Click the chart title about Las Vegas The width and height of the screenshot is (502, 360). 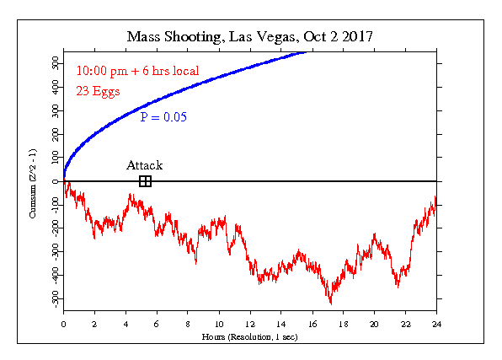[x=249, y=37]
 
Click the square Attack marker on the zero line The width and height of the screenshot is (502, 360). [x=146, y=181]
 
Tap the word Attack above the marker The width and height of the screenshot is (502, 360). [x=144, y=165]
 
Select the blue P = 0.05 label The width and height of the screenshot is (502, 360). [x=163, y=117]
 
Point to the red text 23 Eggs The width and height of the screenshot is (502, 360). [x=98, y=91]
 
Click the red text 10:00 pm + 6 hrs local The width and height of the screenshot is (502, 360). [x=137, y=71]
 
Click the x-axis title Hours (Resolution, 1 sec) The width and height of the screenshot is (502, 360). [x=249, y=337]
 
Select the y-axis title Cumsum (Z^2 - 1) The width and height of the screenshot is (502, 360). [x=33, y=184]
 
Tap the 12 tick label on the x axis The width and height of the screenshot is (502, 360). [x=250, y=324]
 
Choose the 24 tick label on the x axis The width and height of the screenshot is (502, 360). [x=436, y=324]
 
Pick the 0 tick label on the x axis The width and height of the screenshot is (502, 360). [x=63, y=324]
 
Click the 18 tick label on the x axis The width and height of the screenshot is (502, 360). [x=343, y=324]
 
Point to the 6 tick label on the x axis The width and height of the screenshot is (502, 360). [x=157, y=324]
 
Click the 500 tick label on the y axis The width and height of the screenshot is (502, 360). [x=55, y=63]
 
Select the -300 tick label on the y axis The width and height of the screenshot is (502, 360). [x=55, y=251]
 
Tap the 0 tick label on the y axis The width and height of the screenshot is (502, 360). [x=56, y=181]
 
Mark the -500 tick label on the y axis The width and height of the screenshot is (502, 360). [x=55, y=298]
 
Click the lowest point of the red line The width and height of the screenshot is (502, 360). [x=331, y=304]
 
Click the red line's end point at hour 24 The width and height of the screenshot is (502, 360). [x=436, y=201]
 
